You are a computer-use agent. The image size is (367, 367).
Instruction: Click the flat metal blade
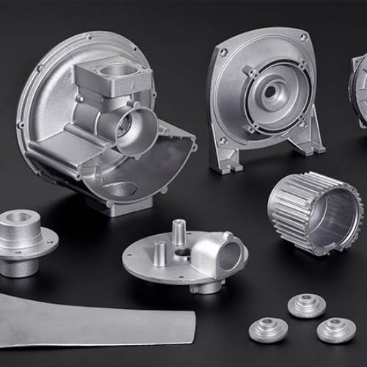click(95, 319)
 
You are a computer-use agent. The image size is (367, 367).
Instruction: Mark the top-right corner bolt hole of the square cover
click(303, 37)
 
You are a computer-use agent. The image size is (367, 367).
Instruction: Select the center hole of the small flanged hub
click(21, 218)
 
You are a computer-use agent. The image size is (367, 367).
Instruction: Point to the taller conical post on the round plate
click(177, 233)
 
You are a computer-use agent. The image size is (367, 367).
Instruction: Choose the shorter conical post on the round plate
click(160, 254)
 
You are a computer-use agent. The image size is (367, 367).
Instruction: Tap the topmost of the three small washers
click(306, 304)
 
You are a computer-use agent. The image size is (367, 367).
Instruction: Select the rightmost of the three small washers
click(336, 329)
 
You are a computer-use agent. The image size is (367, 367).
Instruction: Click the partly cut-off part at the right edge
click(359, 88)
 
